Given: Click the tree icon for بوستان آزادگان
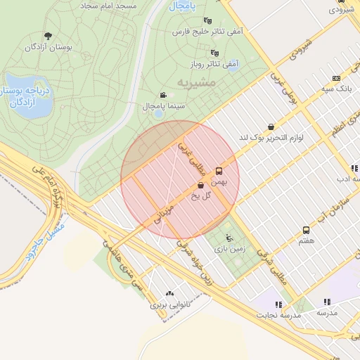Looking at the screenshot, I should [x=48, y=36].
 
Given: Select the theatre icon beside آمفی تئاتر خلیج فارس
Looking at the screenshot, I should [x=206, y=21].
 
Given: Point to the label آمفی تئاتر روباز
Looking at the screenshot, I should [x=214, y=64].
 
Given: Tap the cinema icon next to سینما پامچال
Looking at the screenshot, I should [x=163, y=95].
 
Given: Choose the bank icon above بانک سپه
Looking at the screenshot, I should [x=336, y=78].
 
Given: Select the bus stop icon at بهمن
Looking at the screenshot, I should [x=219, y=171].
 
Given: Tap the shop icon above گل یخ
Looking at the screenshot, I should [x=201, y=186].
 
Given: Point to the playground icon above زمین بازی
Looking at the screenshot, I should [x=229, y=238].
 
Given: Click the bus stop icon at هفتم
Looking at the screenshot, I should [x=305, y=230].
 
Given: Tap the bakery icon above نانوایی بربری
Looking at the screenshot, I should [x=169, y=294].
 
